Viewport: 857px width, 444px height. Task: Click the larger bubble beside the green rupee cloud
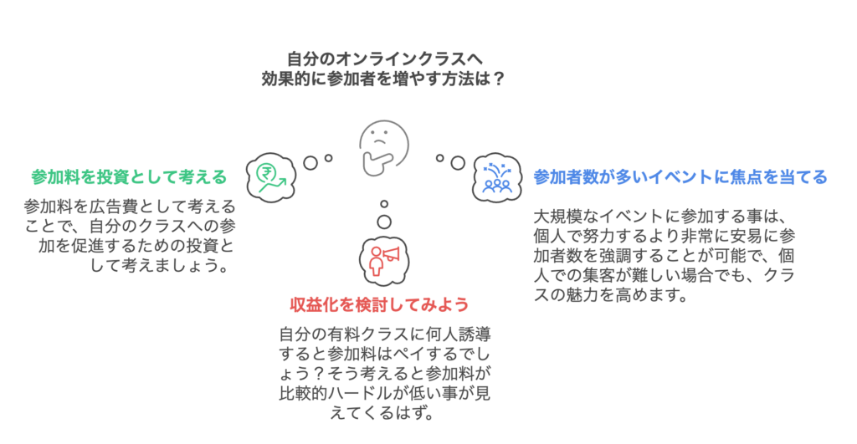310,162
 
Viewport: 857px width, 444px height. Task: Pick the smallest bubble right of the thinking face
439,157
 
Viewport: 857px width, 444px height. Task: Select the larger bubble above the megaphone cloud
384,222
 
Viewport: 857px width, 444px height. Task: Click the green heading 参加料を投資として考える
129,176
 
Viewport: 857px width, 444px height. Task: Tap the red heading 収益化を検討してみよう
379,304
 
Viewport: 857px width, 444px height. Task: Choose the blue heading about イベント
680,176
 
